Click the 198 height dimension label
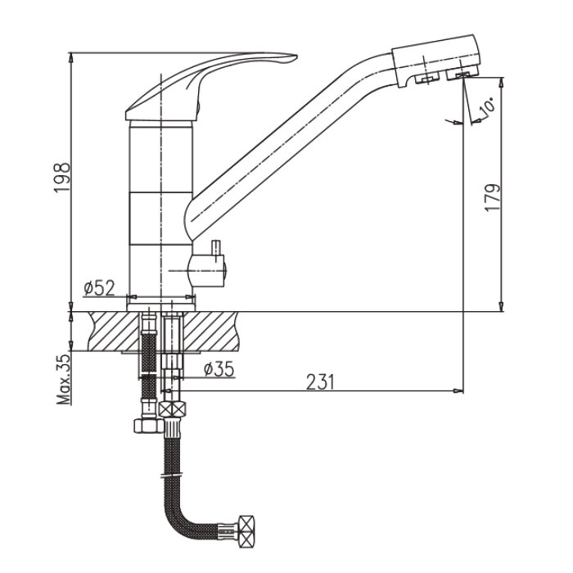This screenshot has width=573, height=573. (61, 178)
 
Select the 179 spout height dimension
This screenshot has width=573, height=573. (492, 197)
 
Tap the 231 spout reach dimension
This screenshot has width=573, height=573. (320, 382)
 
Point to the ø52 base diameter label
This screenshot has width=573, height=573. (99, 288)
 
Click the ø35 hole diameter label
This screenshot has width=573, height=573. (219, 369)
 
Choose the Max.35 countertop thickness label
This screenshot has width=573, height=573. (64, 379)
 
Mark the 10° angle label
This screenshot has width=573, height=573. (487, 106)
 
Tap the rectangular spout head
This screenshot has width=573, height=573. (435, 61)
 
